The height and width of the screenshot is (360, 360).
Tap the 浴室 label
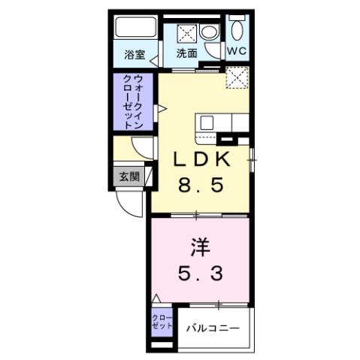pos(135,54)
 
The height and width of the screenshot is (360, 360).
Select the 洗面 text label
pos(187,53)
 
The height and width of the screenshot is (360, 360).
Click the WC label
pos(237,52)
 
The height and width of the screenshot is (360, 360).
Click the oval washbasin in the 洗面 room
pos(208,33)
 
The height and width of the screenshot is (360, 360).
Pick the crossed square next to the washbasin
pos(186,33)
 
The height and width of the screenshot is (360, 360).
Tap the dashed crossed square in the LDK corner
pos(237,77)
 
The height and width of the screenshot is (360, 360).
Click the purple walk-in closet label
pos(134,101)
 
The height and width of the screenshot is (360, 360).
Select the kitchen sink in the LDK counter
pos(206,123)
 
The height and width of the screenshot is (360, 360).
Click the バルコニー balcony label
pos(213,328)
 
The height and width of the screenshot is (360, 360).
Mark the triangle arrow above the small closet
pos(156,299)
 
